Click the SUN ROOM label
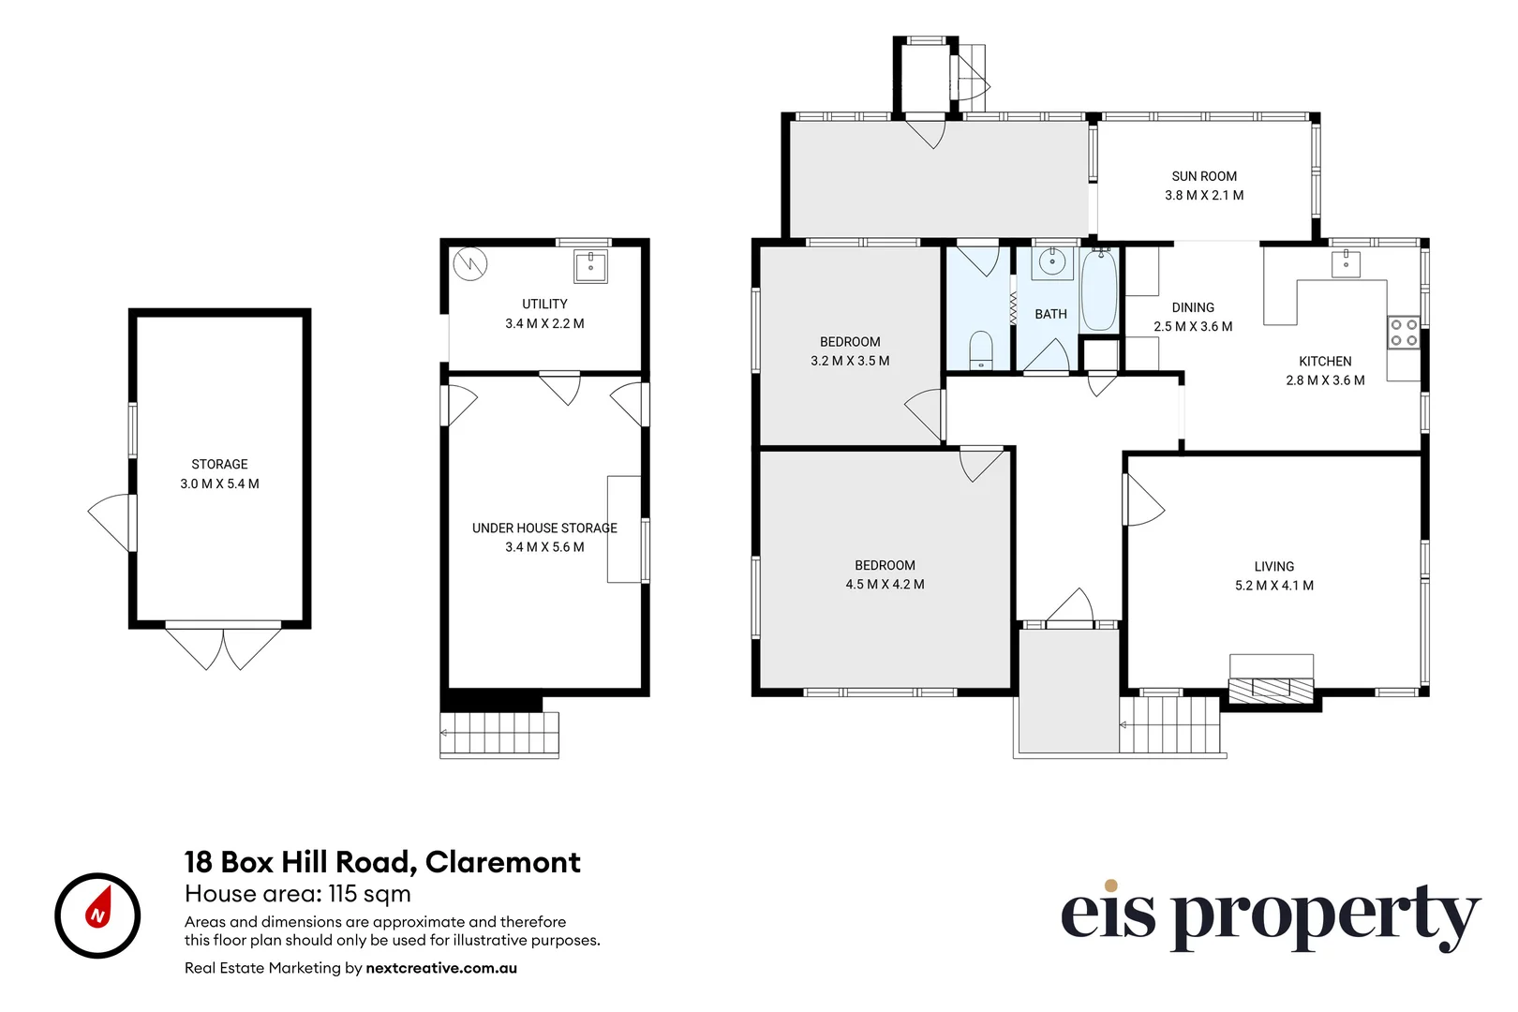coord(1203,176)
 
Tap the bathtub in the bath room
coord(1098,290)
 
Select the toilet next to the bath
coord(980,350)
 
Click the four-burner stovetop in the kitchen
coord(1404,333)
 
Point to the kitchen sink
coord(1346,263)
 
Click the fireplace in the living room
coord(1271,690)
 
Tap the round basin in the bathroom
coord(1051,262)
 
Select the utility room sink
coord(590,266)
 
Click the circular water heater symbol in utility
coord(469,263)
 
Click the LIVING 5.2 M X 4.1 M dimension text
coord(1274,586)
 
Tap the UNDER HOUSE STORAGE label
coord(544,528)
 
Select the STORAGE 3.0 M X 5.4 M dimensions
coord(219,484)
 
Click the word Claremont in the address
coord(503,863)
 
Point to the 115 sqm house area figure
coord(369,894)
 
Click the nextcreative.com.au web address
coord(441,968)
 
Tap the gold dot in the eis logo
coord(1110,885)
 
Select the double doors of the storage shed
coord(223,648)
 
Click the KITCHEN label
coord(1325,362)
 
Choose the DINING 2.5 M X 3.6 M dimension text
coord(1193,327)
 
